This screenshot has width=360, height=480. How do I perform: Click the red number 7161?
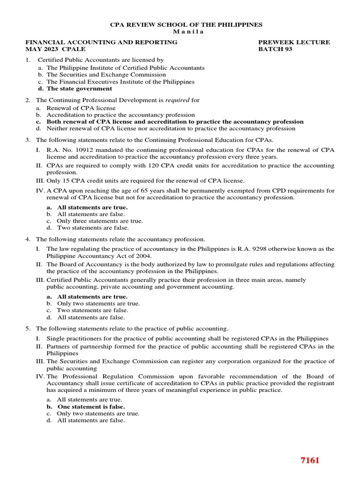point(310,460)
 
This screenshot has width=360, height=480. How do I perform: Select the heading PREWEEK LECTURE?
point(294,42)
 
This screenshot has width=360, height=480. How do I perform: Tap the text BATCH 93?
point(275,49)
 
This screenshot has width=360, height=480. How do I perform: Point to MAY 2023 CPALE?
point(55,49)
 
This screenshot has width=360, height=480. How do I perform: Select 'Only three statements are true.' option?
point(100,221)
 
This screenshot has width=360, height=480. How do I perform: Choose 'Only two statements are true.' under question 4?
point(98,303)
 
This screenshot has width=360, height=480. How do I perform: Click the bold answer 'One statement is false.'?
point(91,407)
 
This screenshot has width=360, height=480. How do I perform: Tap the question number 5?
point(28,329)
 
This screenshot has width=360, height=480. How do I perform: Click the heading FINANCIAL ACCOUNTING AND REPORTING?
point(101,42)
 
